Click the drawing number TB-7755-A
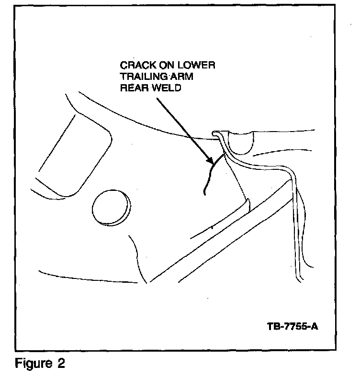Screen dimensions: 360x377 (x=292, y=328)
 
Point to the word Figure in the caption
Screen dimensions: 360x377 (x=33, y=363)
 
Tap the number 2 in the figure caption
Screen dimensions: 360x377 (x=61, y=363)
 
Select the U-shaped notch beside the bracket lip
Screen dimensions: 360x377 (x=240, y=143)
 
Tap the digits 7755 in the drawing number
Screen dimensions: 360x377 (x=293, y=328)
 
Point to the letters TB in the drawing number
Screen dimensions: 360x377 (x=273, y=328)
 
